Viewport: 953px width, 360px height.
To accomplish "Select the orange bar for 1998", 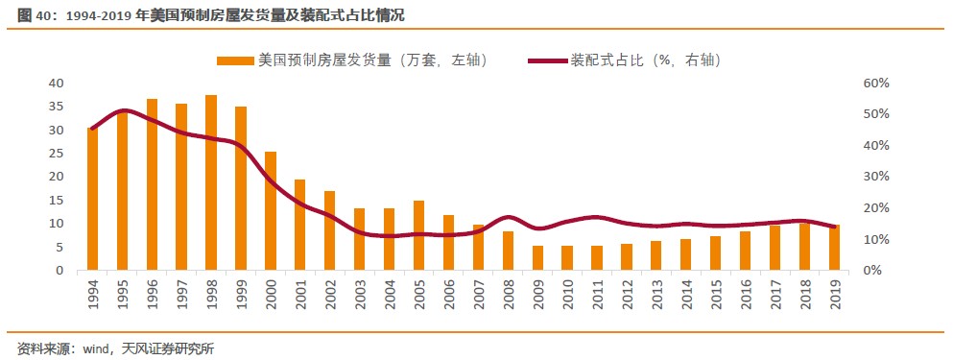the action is point(211,182).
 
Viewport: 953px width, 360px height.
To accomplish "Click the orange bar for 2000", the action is point(271,211).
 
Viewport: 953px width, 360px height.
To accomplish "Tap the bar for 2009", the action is point(537,258).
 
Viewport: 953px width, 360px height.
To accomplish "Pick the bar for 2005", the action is point(418,235).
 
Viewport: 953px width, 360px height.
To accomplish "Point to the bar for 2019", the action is point(835,248).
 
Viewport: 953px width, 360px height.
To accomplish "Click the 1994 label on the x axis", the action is point(93,295).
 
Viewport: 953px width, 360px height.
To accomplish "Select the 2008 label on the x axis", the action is point(509,295).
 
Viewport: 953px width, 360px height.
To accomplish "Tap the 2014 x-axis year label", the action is point(687,295).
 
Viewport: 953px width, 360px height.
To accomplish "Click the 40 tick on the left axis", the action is point(56,84).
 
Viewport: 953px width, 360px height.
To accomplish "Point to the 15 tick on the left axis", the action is point(56,201).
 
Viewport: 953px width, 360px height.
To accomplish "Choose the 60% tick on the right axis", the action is point(876,84).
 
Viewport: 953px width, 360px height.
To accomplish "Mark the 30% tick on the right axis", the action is point(876,177).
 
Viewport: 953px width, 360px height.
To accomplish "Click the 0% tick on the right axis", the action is point(872,271).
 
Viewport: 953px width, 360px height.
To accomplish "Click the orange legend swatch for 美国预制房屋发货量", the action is point(235,60).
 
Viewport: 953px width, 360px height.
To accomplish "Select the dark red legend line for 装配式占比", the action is point(548,60).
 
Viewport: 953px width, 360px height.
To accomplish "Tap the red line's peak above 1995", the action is point(124,110).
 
